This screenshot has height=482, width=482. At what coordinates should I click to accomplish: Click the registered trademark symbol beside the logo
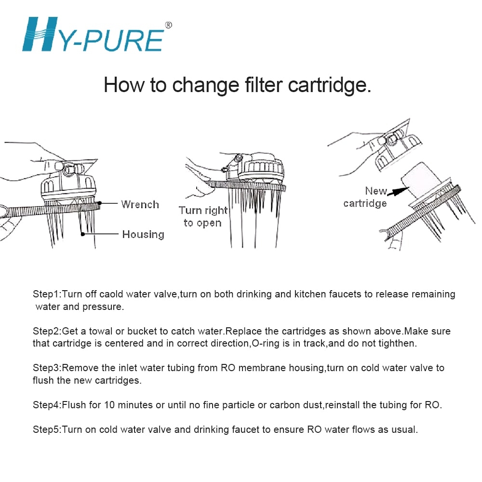click(x=168, y=25)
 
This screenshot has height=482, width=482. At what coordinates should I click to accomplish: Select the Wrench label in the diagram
click(x=140, y=204)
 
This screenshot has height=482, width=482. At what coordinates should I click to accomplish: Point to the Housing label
click(x=143, y=235)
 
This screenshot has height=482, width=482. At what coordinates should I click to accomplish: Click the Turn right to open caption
click(x=203, y=216)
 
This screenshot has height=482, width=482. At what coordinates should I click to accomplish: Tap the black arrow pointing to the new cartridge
click(x=398, y=191)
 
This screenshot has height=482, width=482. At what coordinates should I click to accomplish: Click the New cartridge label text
click(x=365, y=197)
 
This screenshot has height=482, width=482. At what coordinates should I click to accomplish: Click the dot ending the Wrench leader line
click(x=100, y=203)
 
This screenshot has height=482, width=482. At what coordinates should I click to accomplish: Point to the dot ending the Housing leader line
click(x=83, y=234)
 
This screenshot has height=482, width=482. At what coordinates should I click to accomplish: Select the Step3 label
click(x=47, y=368)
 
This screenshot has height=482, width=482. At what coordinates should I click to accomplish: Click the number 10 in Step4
click(x=109, y=405)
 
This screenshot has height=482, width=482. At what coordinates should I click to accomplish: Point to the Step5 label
click(x=47, y=429)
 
